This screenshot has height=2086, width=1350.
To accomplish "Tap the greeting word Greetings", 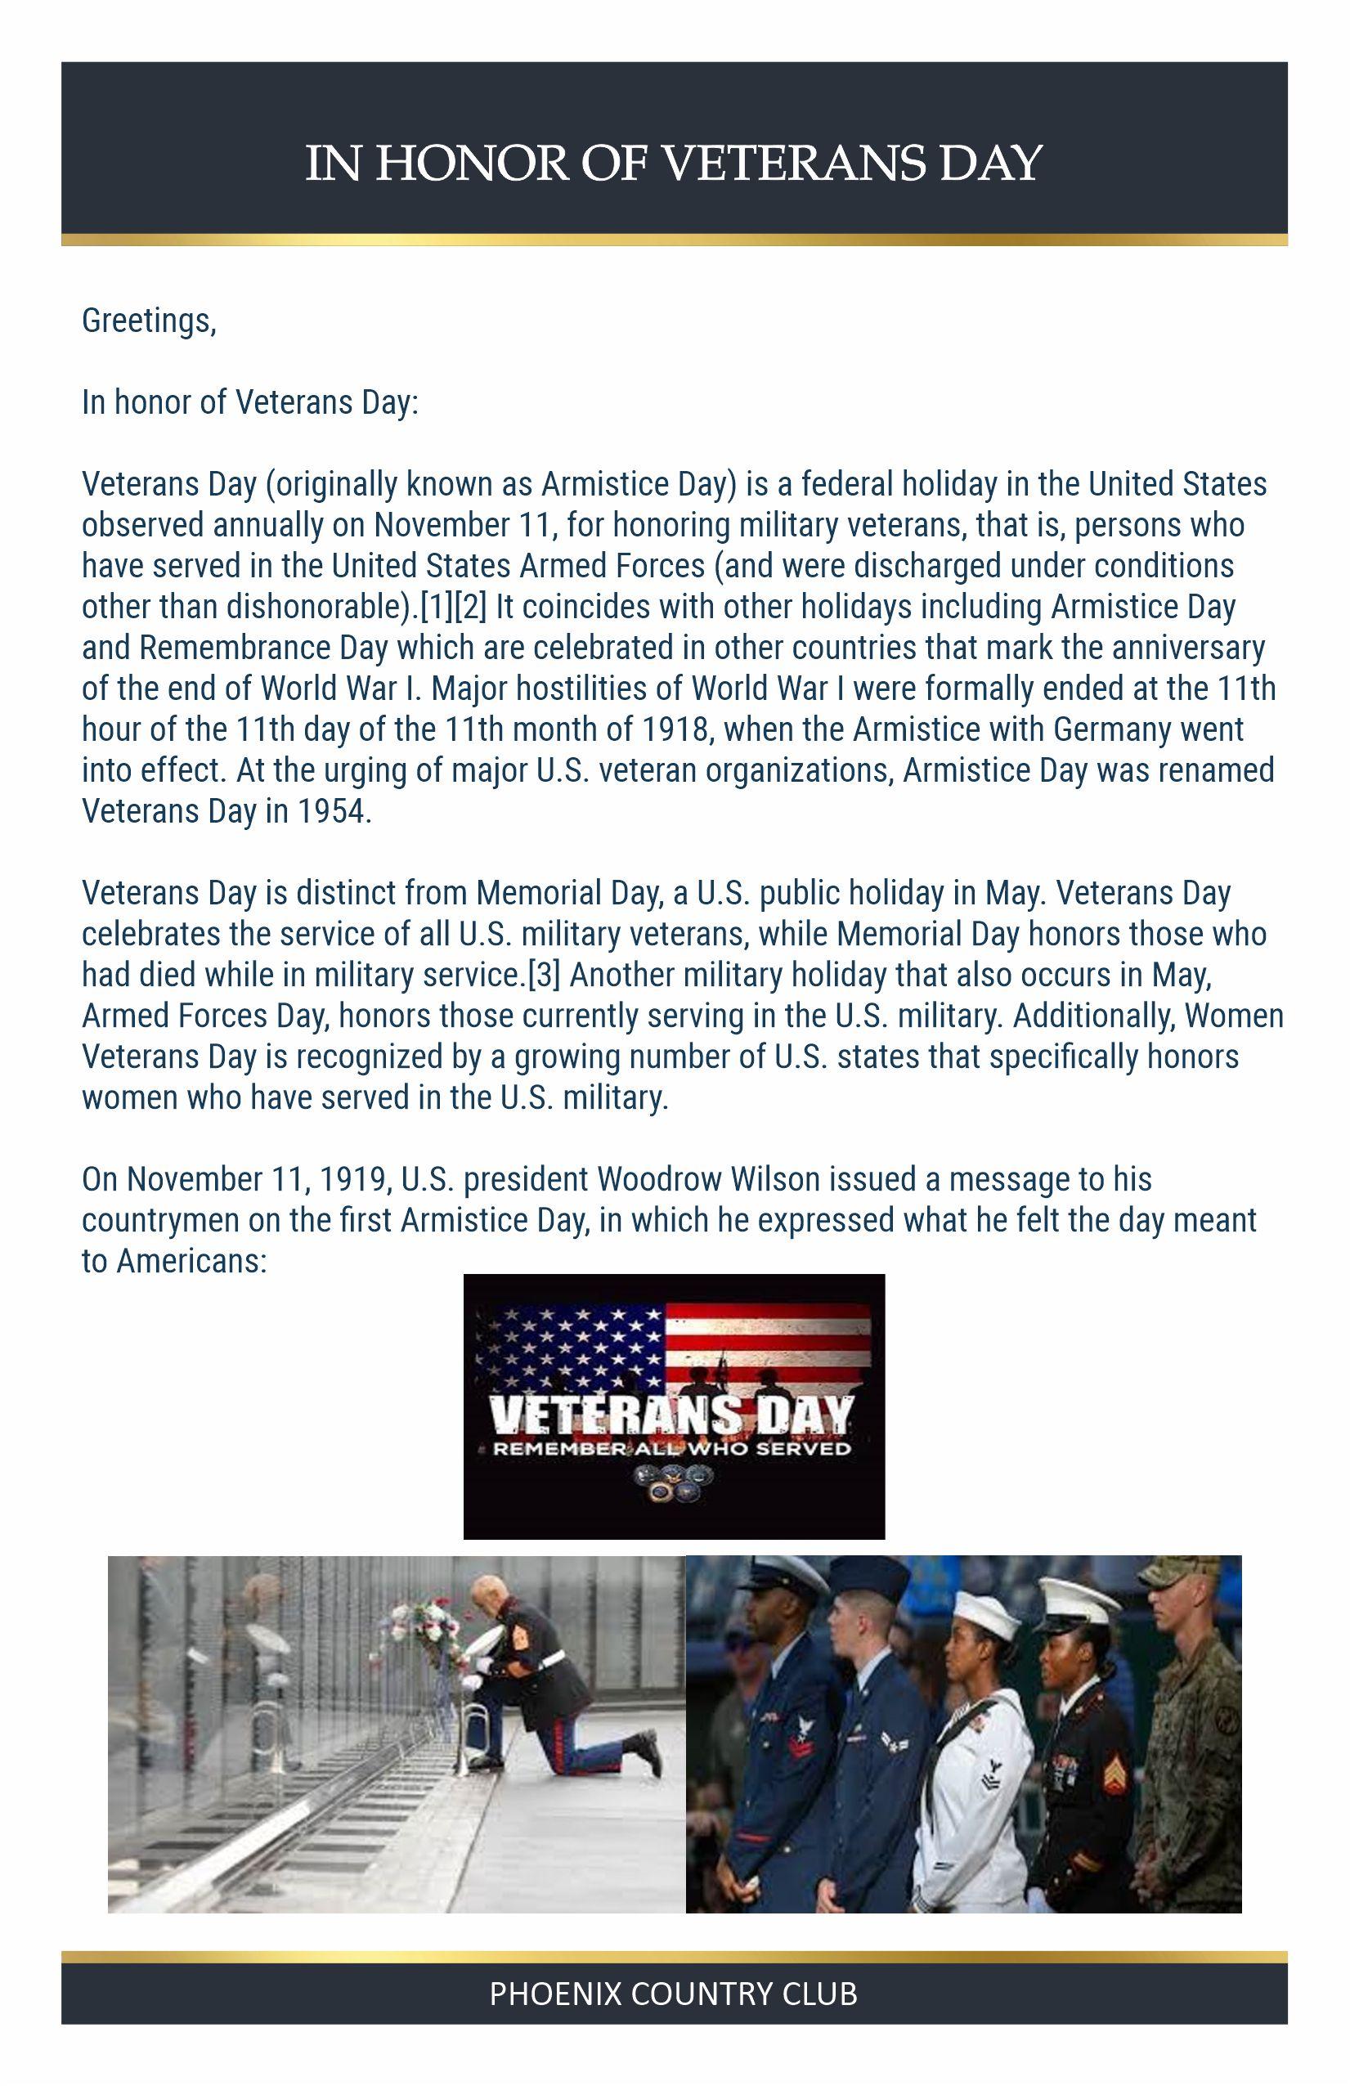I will pos(147,321).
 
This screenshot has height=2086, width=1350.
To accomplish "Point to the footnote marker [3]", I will pos(544,975).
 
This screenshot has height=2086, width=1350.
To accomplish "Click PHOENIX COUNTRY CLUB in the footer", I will pos(673,1994).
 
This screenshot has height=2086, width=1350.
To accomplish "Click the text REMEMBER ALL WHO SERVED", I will pos(672,1449).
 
